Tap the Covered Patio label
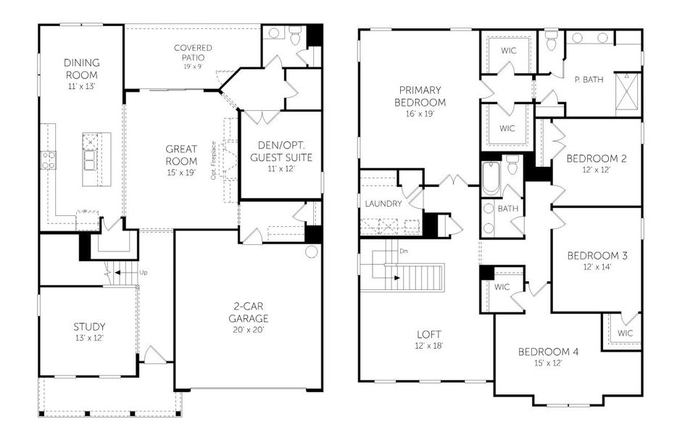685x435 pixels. coord(193,53)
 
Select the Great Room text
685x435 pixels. coord(180,154)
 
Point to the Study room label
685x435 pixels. coord(89,326)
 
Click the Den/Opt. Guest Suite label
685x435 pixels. coord(281,151)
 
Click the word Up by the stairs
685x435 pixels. coord(143,273)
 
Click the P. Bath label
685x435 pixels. coord(589,80)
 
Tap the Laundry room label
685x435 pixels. coord(383,204)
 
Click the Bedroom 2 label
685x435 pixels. coord(597,158)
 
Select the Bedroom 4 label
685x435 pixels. coord(548,352)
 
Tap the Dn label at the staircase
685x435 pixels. coord(403,251)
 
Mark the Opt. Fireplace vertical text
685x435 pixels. coord(213,159)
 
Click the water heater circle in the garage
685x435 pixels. coord(312,252)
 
